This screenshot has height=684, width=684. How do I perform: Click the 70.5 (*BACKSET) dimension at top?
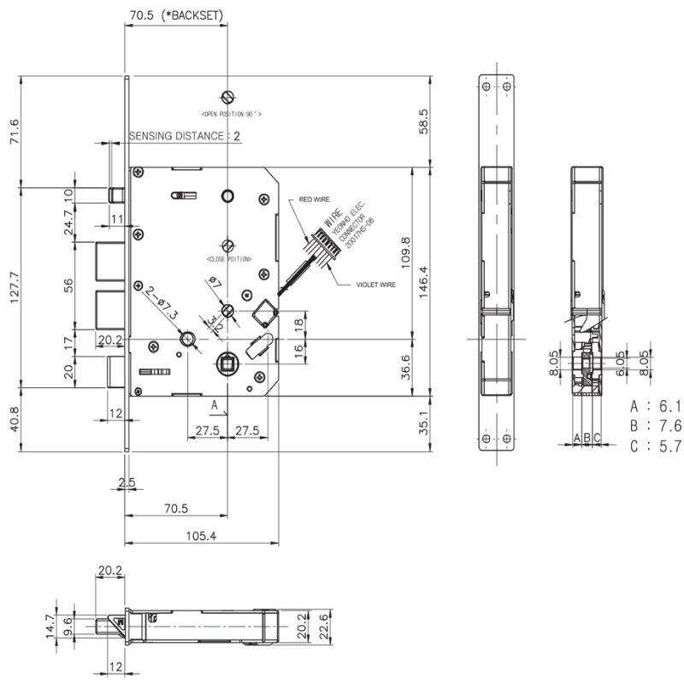pos(177,15)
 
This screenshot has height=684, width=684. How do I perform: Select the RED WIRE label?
pos(314,199)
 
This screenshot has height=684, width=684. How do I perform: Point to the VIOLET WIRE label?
pos(376,284)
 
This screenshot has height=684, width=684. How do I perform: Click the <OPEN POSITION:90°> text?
pos(231,114)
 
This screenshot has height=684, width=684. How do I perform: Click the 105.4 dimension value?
pos(201,536)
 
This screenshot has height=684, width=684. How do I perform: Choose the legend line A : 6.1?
pos(655,406)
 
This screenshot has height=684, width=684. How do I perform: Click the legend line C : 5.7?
pos(655,445)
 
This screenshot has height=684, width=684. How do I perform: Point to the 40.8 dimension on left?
pos(14,420)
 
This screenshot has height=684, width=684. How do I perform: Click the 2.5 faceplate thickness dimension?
pos(127,483)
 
